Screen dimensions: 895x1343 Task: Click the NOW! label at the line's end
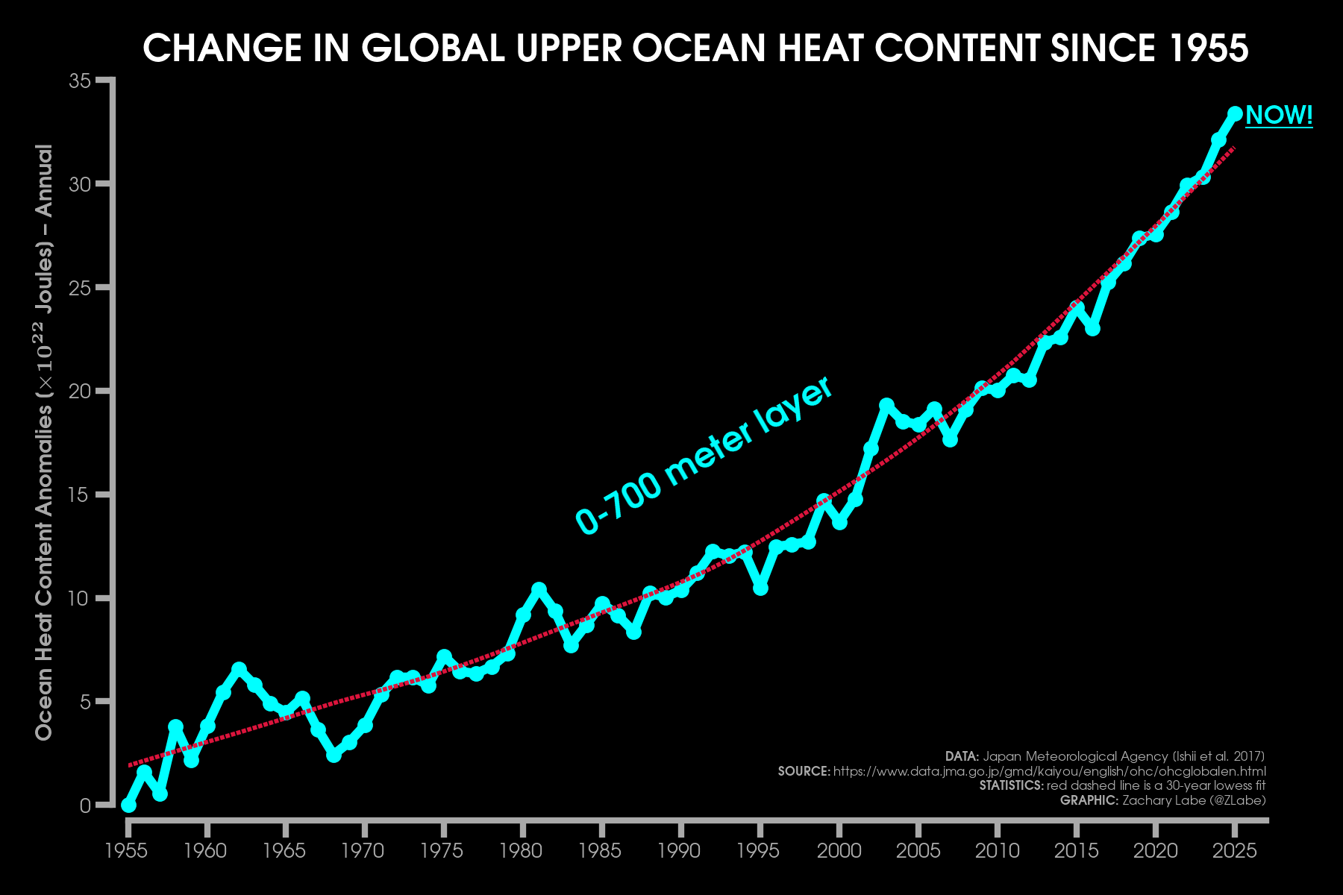coord(1279,116)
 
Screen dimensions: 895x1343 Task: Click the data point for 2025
coord(1235,113)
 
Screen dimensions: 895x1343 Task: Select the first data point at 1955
coord(128,805)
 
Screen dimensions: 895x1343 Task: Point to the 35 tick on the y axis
coord(80,81)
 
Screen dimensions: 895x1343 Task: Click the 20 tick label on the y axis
coord(80,391)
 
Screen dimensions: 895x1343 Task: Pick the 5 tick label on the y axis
coord(84,702)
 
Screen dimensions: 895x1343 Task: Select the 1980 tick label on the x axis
coord(522,851)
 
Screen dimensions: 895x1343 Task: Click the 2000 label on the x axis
coord(839,851)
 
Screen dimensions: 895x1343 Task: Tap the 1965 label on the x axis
coord(284,851)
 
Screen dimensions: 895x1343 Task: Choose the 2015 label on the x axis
coord(1076,851)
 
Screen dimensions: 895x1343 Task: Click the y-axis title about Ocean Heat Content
coord(45,442)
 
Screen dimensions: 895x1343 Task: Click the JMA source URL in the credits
coord(1049,771)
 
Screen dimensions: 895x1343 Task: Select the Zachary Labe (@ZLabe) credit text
coord(1194,800)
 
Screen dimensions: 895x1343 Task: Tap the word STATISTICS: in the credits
coord(1011,785)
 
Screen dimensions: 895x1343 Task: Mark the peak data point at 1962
coord(239,669)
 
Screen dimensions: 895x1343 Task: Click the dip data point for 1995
coord(760,588)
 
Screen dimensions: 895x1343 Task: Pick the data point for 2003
coord(886,405)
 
